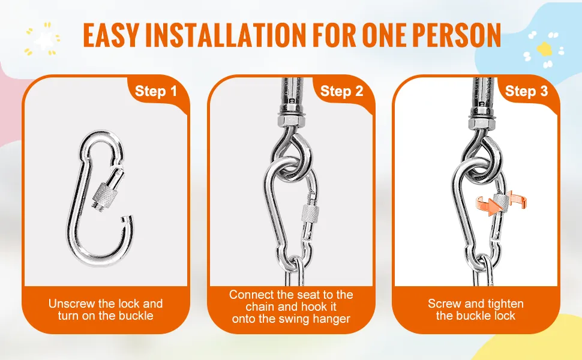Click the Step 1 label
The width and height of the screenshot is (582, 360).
tap(156, 91)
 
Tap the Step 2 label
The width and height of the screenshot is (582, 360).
tap(341, 91)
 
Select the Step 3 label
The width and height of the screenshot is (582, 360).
tap(526, 91)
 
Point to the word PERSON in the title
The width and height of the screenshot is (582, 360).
tap(457, 35)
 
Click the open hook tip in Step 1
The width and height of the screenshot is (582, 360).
tap(128, 218)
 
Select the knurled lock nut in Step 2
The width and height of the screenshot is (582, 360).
tap(310, 214)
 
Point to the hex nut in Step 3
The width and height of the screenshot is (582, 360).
tap(481, 121)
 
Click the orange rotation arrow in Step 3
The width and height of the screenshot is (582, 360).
tap(501, 203)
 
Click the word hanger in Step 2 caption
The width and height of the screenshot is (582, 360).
tap(332, 319)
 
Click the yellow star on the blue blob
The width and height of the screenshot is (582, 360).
tap(545, 49)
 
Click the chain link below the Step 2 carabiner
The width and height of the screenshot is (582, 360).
tap(295, 271)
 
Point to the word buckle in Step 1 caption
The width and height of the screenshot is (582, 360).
tap(136, 316)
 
